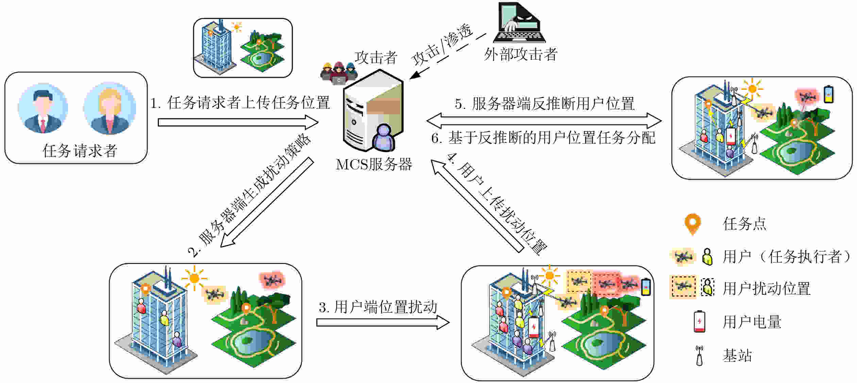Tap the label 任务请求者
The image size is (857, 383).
coord(80,151)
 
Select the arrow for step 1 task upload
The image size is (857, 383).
coord(238,122)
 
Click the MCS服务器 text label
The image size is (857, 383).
coord(374,164)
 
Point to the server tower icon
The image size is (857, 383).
coord(373,111)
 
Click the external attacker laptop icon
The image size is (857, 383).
coord(519,22)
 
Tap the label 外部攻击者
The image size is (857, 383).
coord(520,54)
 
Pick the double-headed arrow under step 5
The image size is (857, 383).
coord(544,120)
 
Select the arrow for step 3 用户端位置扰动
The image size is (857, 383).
coord(383,322)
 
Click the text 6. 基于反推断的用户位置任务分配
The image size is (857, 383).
coord(543,138)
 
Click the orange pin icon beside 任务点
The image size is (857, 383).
coord(692,224)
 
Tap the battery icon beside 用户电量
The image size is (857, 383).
coord(699,321)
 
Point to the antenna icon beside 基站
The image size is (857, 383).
coord(699,355)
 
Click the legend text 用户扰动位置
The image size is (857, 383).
coord(767,288)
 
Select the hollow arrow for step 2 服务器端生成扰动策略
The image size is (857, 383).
coord(267,202)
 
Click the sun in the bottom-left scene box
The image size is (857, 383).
coord(194,278)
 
